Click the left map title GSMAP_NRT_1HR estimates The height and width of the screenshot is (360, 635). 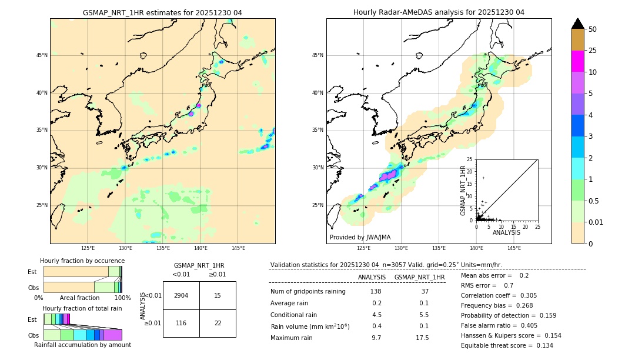click(162, 12)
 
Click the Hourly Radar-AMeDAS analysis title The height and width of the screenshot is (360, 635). click(439, 12)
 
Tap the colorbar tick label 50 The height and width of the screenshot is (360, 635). click(593, 29)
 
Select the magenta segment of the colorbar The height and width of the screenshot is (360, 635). click(577, 61)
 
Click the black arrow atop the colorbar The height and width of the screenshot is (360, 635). click(577, 24)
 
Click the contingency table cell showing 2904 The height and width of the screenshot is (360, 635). click(181, 295)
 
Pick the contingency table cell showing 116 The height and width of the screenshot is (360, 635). click(181, 323)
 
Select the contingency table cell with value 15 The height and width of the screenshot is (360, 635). click(218, 295)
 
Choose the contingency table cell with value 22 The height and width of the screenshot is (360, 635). click(218, 323)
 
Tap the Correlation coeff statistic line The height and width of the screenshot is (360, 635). click(499, 296)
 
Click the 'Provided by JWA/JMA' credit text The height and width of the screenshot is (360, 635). click(360, 237)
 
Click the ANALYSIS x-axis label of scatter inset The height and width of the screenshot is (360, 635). click(506, 232)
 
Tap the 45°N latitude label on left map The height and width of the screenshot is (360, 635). click(42, 55)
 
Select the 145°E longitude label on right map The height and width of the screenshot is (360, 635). click(514, 248)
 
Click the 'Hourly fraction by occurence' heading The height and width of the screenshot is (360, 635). click(82, 261)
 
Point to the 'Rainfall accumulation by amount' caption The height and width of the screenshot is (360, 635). click(82, 345)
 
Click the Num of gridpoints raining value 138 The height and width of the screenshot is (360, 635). click(376, 292)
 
